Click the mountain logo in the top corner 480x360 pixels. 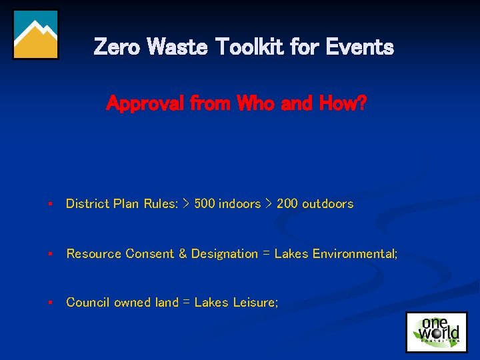36,35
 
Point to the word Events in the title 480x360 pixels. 360,47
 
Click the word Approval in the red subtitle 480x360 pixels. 145,104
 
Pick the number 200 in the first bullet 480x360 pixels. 287,204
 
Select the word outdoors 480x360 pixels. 327,204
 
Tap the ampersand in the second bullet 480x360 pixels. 182,254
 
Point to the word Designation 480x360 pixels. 224,254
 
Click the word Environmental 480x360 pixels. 355,254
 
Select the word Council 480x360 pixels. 88,303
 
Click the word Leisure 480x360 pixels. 255,303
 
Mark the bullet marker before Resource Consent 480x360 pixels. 50,254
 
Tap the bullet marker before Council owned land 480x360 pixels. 50,303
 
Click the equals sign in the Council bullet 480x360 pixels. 187,303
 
